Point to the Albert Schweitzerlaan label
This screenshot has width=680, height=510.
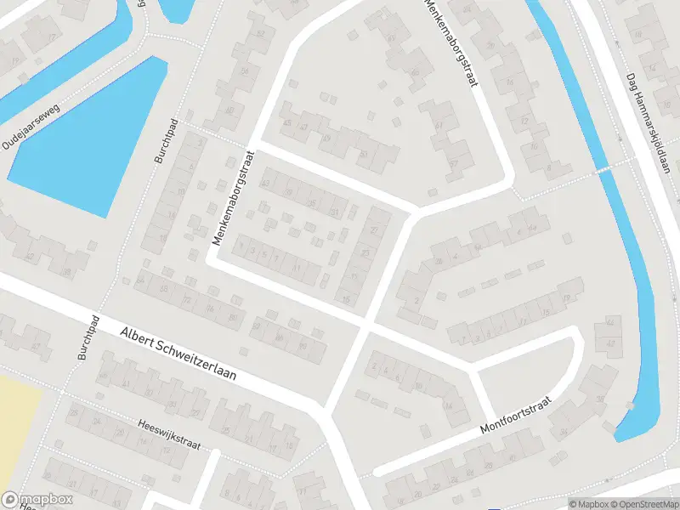(x=178, y=354)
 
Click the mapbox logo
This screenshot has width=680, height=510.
(x=36, y=500)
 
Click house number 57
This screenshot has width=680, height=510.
(x=452, y=163)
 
